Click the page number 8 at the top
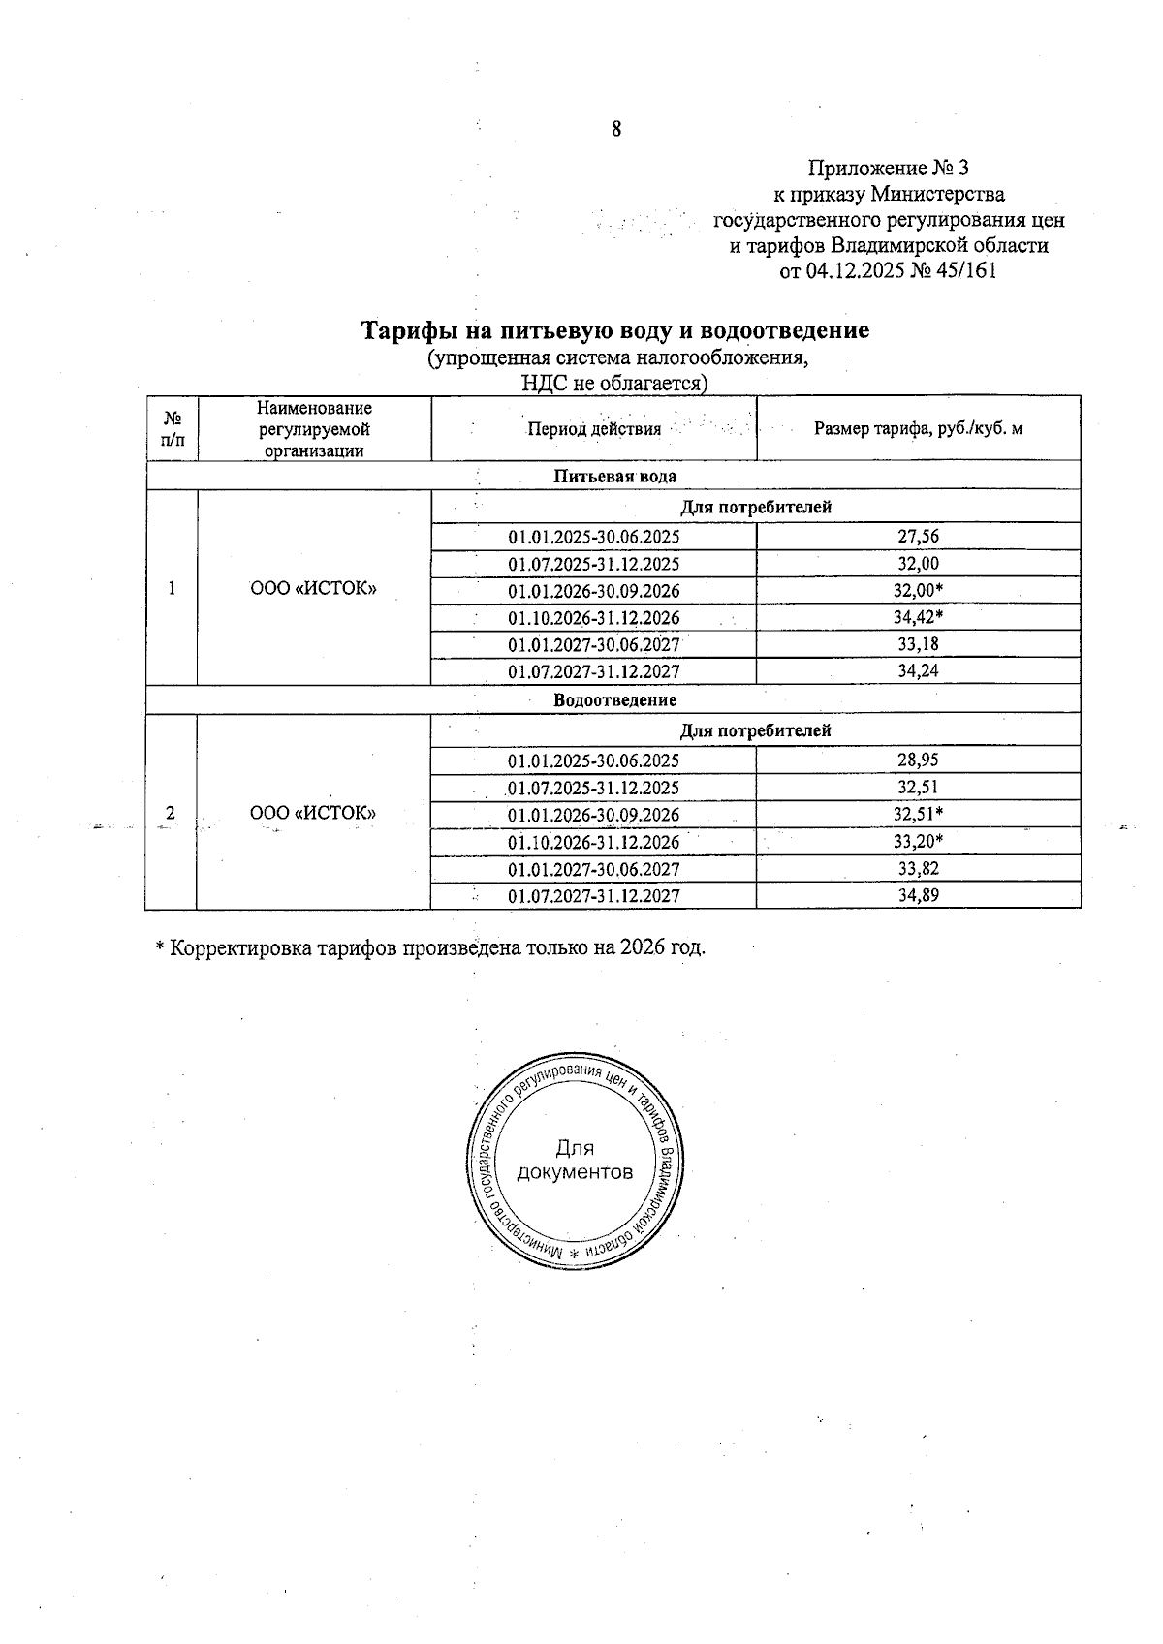pos(616,130)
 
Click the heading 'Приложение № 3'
pos(888,168)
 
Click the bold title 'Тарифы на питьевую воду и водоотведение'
pos(615,330)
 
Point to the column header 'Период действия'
pos(593,428)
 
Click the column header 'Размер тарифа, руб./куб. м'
pos(918,428)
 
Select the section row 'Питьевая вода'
pos(614,476)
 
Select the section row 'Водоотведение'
pos(614,699)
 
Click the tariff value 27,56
pos(918,537)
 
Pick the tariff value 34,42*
pos(918,617)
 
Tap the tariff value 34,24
pos(918,671)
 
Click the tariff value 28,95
pos(918,760)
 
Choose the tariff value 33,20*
pos(918,841)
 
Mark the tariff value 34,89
pos(918,895)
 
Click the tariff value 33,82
pos(918,868)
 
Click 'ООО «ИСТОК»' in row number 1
pos(313,589)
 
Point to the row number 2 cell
pos(171,813)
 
